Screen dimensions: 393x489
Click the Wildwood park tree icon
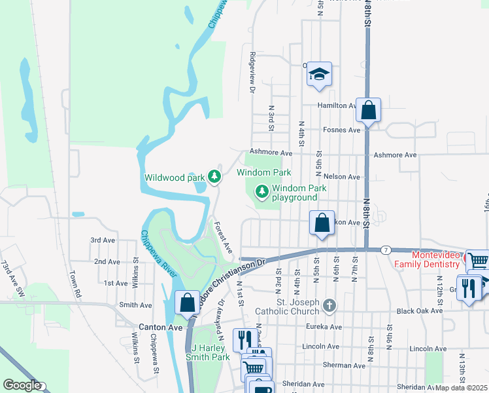click(x=214, y=176)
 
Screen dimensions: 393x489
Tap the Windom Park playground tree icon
click(x=262, y=191)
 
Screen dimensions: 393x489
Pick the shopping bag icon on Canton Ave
click(x=187, y=303)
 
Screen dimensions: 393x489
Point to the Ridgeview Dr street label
click(x=252, y=73)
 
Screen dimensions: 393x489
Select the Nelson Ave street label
click(x=345, y=177)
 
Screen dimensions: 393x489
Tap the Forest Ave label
click(x=224, y=237)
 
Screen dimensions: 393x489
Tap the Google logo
click(x=22, y=385)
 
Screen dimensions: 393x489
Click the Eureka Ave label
click(x=327, y=327)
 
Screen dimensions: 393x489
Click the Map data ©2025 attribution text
click(x=462, y=388)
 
